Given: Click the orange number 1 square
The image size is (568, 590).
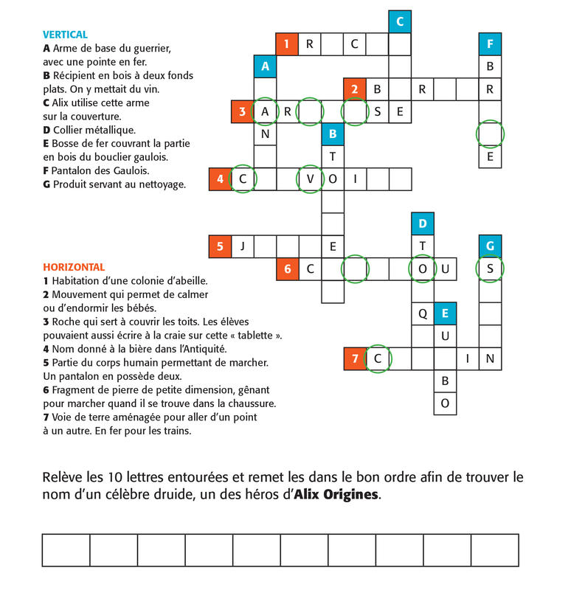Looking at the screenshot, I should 287,44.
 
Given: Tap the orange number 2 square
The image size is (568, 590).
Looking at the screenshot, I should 355,89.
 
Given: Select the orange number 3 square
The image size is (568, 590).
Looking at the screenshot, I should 242,112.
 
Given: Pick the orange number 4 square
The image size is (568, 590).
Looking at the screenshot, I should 219,178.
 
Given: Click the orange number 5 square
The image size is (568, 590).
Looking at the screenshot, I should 219,246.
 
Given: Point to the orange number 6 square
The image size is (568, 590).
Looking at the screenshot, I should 287,268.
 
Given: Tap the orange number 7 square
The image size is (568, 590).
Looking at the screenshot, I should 355,358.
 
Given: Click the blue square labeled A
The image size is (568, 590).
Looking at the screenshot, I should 265,66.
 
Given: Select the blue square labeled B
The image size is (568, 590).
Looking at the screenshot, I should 333,134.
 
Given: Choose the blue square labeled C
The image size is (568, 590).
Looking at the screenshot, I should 400,22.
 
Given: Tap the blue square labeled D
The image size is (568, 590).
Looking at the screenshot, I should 423,223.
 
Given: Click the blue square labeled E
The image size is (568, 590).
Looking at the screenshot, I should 445,313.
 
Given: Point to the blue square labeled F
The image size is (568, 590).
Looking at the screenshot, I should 490,44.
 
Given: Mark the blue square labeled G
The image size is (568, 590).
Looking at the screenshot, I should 490,246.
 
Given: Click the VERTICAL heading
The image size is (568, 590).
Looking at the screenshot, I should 65,35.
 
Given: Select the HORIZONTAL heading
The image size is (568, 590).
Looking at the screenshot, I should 74,267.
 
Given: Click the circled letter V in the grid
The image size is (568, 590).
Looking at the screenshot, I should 310,178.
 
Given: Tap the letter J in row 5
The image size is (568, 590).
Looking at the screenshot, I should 242,246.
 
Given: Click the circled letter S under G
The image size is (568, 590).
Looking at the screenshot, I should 490,268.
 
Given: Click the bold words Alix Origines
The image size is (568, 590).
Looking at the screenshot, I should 336,495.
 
